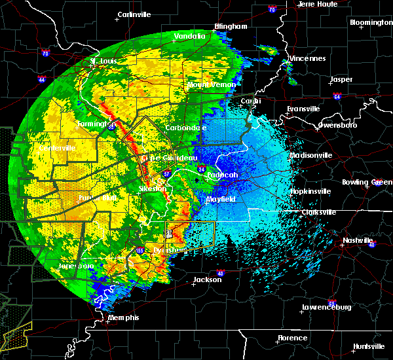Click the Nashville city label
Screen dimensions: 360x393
[x=358, y=240]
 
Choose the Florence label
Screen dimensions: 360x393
[x=291, y=338]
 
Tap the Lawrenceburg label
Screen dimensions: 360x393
[x=327, y=307]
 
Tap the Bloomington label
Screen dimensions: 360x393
[x=371, y=22]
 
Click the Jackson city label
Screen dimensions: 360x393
[x=207, y=279]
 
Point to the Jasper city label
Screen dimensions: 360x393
[x=341, y=79]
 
